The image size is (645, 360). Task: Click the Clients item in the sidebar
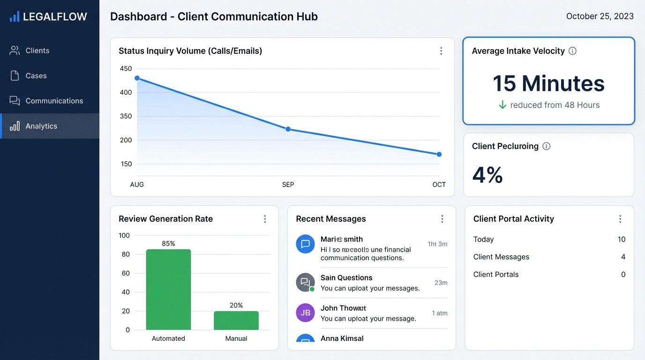[x=37, y=51]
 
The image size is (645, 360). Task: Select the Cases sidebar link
[x=36, y=76]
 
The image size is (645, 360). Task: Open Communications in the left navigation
[x=54, y=101]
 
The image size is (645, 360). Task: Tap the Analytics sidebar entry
[x=41, y=126]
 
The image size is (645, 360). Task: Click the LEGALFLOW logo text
[x=55, y=17]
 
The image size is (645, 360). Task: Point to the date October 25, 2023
[x=600, y=16]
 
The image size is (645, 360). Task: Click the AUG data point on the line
[x=137, y=78]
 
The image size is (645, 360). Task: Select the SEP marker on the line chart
[x=288, y=129]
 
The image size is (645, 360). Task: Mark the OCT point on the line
[x=439, y=154]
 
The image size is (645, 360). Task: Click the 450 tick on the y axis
[x=126, y=68]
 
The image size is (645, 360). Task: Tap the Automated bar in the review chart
[x=168, y=290]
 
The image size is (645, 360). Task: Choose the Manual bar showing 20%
[x=236, y=321]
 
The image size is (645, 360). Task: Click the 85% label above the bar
[x=168, y=244]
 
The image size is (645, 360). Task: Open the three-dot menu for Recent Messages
[x=442, y=219]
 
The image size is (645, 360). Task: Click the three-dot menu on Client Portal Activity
[x=620, y=219]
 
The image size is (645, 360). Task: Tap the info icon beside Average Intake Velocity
[x=572, y=51]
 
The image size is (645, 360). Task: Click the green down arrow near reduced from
[x=502, y=105]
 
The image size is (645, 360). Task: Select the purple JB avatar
[x=305, y=313]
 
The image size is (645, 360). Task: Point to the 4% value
[x=487, y=175]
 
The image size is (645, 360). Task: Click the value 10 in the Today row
[x=622, y=240]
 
